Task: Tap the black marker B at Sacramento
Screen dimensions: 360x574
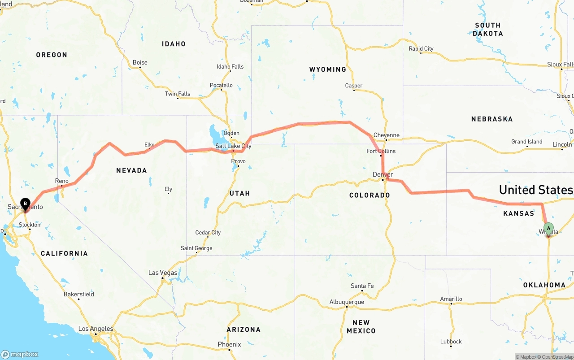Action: (25, 204)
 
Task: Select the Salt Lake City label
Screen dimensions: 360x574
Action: (233, 146)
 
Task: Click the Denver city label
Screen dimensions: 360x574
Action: (383, 174)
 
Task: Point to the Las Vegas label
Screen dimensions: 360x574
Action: (163, 273)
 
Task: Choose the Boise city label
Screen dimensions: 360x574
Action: (140, 62)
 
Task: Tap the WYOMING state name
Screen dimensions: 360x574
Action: (327, 69)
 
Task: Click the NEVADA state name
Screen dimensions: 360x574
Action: (131, 170)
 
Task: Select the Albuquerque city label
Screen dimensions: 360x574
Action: (347, 302)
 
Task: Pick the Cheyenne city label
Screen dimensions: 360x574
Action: (386, 135)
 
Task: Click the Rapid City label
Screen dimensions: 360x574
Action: (421, 48)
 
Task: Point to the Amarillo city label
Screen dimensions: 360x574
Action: (451, 299)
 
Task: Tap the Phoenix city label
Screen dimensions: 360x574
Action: (229, 344)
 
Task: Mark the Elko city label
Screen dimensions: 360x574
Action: (149, 144)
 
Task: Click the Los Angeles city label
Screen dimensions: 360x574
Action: (96, 329)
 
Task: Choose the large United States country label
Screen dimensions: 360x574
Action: (536, 190)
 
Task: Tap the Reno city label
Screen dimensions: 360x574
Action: (61, 181)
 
